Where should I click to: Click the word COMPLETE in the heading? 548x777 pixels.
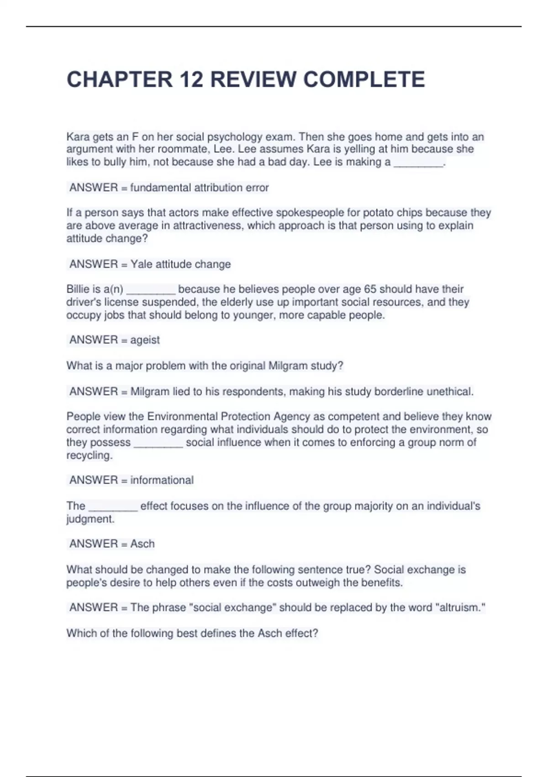coord(364,80)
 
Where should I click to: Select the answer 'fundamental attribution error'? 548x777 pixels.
coord(199,187)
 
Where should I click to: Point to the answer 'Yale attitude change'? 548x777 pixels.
coord(180,264)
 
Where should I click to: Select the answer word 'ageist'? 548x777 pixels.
coord(145,340)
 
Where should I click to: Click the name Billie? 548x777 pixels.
coord(78,289)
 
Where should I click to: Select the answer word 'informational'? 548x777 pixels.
coord(162,480)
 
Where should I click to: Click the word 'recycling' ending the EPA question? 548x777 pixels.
coord(89,455)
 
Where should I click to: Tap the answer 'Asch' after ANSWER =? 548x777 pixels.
coord(142,544)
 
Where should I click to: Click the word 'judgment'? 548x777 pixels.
coord(90,519)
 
